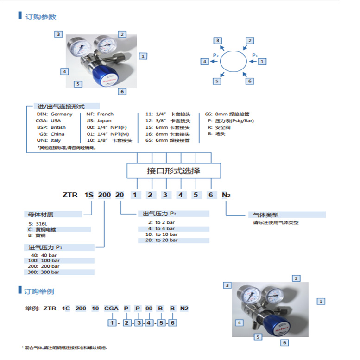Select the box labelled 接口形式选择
(173, 171)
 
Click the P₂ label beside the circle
(215, 56)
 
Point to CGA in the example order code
(112, 308)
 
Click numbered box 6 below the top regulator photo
(122, 91)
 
